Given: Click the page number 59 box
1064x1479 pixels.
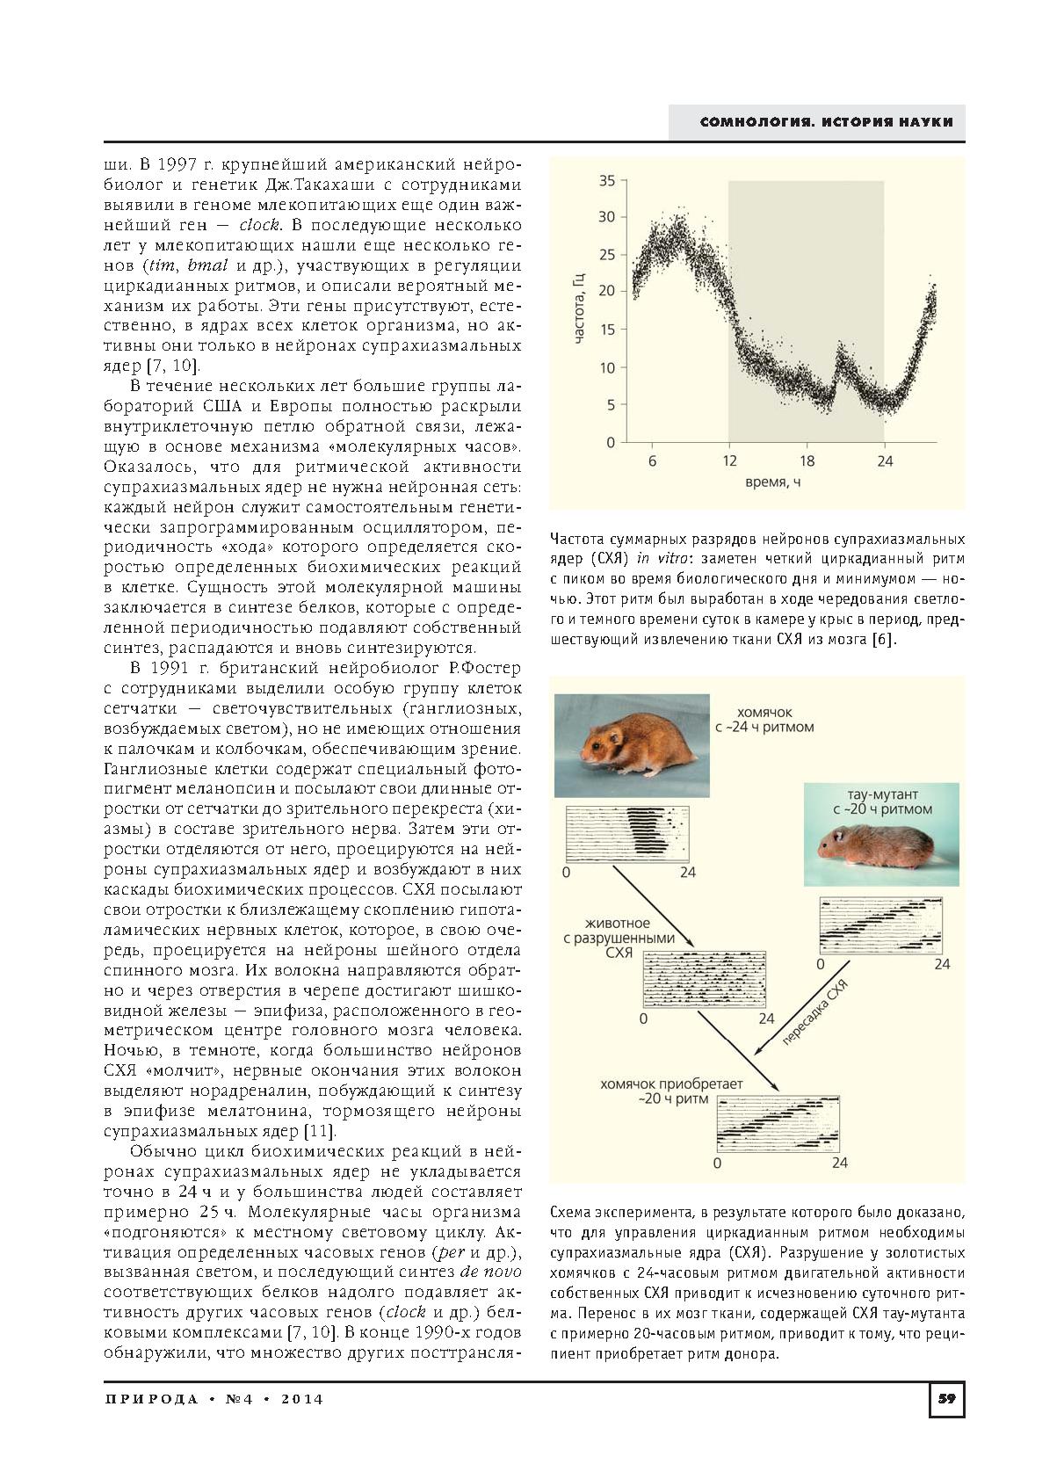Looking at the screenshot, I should pos(946,1399).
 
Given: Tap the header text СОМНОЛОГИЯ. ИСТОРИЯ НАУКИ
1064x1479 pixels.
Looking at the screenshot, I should pos(826,122).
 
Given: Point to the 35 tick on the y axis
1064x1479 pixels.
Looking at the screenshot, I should pos(607,181).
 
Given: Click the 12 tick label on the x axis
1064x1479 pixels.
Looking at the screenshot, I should pos(729,460).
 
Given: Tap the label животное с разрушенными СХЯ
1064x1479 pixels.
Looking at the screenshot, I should pos(619,938).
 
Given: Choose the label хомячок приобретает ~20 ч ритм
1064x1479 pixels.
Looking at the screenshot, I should pos(671,1091).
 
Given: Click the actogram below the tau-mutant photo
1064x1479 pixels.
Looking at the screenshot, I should pos(880,925).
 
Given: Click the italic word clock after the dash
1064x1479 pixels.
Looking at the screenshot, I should pos(259,224).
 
